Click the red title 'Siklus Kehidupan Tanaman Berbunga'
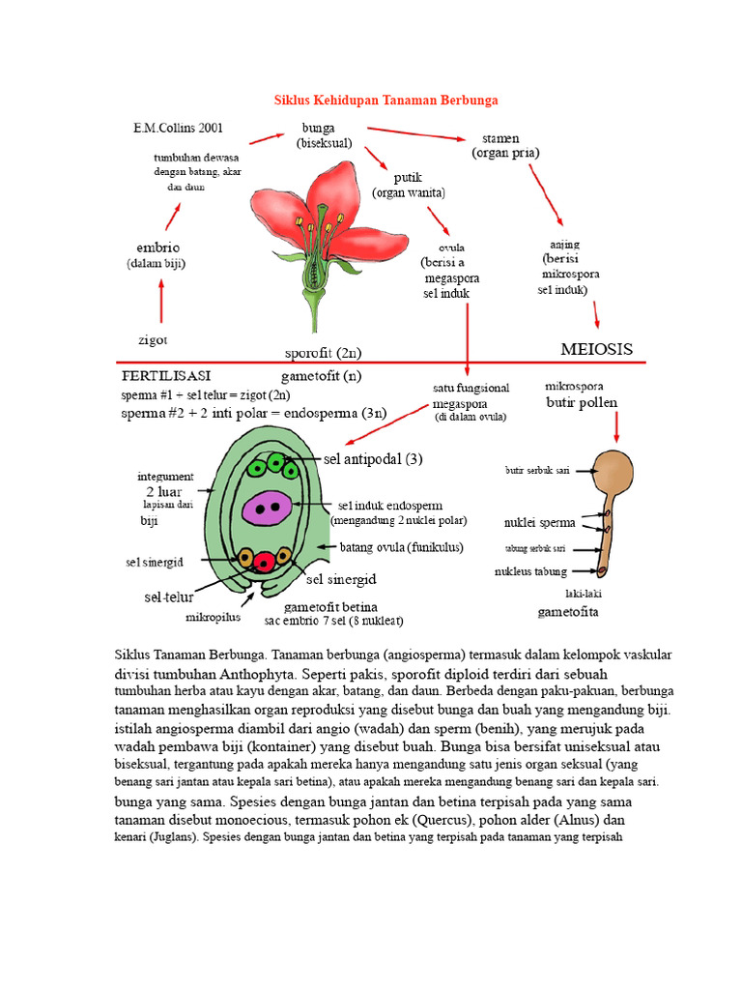tap(385, 100)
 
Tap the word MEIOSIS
tap(596, 349)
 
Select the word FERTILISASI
tap(166, 376)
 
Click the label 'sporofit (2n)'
tap(323, 352)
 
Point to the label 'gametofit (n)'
tap(321, 376)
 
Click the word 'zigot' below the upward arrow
tap(153, 339)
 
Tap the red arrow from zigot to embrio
tap(161, 302)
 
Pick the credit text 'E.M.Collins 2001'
tap(178, 128)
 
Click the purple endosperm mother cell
tap(268, 509)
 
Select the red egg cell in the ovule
tap(265, 561)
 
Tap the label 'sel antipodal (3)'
tap(373, 459)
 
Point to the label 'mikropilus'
tap(214, 617)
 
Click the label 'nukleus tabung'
tap(530, 571)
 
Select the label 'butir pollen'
tap(582, 402)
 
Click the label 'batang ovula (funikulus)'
tap(401, 547)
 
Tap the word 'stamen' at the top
tap(500, 138)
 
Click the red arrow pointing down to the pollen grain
tap(616, 426)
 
